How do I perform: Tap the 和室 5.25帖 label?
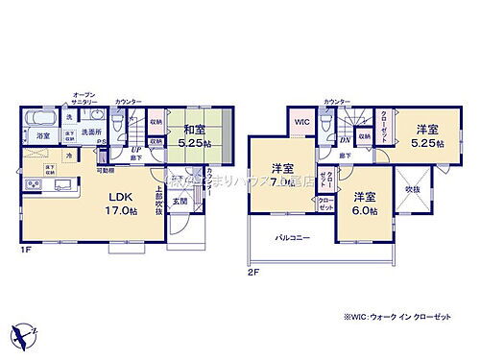184,138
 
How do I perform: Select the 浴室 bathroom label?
43,137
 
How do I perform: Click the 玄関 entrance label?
179,202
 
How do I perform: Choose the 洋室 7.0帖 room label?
281,170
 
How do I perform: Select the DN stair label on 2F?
346,139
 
